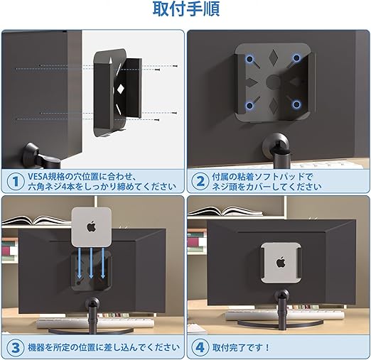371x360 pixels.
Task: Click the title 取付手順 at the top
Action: point(186,9)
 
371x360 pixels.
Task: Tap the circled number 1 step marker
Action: point(16,181)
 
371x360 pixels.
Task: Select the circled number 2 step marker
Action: point(200,181)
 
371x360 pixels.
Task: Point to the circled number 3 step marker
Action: point(16,348)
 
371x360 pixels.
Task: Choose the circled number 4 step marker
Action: point(200,348)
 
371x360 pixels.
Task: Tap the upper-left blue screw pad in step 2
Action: point(249,59)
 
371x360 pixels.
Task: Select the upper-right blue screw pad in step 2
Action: point(296,58)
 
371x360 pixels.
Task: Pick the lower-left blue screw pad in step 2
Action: point(249,106)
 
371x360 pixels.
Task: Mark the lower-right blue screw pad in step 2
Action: point(296,104)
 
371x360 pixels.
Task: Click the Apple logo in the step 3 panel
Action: point(92,227)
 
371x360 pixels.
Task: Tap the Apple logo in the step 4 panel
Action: point(281,263)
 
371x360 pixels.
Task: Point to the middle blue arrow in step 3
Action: point(91,263)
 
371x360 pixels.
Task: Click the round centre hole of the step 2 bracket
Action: point(273,82)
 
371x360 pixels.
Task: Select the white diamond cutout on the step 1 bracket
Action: point(120,89)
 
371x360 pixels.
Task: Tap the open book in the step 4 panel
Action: point(225,212)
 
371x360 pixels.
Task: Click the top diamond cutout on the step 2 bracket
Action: point(273,57)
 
